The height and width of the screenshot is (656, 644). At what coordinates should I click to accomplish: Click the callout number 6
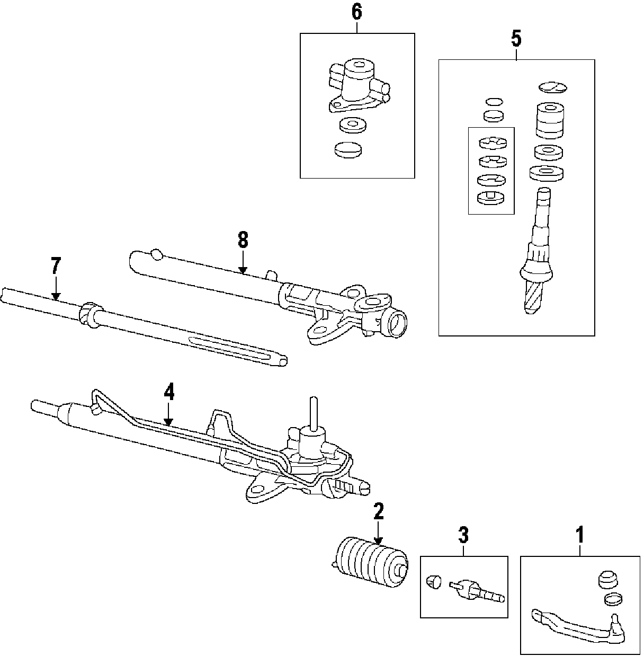(x=357, y=12)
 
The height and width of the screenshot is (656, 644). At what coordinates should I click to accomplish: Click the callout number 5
(x=516, y=38)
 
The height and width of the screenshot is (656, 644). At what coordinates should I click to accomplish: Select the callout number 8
(x=243, y=240)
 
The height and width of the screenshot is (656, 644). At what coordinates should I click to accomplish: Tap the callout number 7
(x=56, y=266)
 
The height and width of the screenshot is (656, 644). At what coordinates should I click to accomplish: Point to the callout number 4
(x=168, y=392)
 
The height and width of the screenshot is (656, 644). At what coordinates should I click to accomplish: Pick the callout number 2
(x=378, y=512)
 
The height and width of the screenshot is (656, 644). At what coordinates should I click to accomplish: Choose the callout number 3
(x=463, y=535)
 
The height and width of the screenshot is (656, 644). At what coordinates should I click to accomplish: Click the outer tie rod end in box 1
(x=577, y=625)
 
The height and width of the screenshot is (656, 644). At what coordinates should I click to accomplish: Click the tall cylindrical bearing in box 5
(x=549, y=120)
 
